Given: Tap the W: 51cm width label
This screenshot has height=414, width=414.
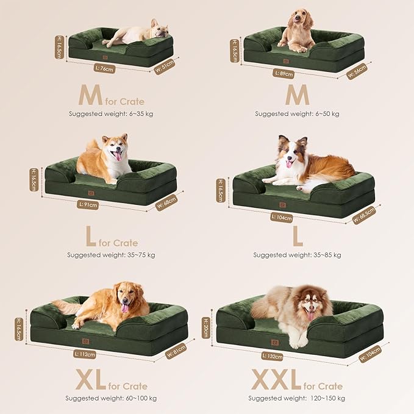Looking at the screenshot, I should click(x=164, y=66).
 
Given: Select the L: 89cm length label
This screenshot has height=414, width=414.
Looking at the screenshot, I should click(x=283, y=74).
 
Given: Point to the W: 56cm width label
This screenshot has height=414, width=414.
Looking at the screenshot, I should click(x=357, y=72).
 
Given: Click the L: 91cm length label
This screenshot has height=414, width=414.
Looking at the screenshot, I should click(x=88, y=205).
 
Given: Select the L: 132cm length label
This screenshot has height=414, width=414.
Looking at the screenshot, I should click(x=272, y=355).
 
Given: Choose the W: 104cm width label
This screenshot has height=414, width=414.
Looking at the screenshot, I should click(x=369, y=354).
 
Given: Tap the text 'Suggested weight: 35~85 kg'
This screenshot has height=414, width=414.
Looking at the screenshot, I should click(x=297, y=255).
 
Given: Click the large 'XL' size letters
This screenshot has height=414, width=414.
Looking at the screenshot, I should click(x=90, y=379).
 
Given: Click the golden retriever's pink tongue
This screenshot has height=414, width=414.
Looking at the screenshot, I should click(x=125, y=309).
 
